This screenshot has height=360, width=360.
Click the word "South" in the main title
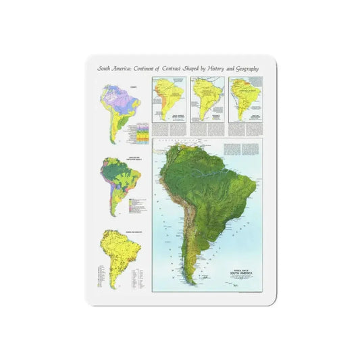105,68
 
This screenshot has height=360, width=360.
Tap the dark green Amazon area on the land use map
116,173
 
